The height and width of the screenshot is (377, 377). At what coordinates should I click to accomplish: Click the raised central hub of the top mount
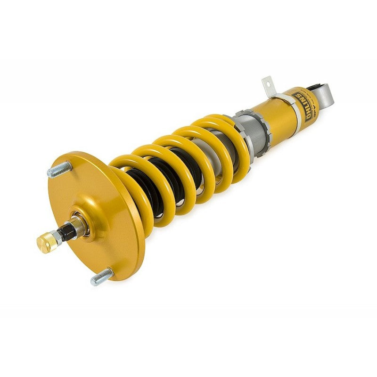pyautogui.click(x=87, y=221)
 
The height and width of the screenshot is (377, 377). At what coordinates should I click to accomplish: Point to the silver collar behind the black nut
pyautogui.click(x=80, y=225)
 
